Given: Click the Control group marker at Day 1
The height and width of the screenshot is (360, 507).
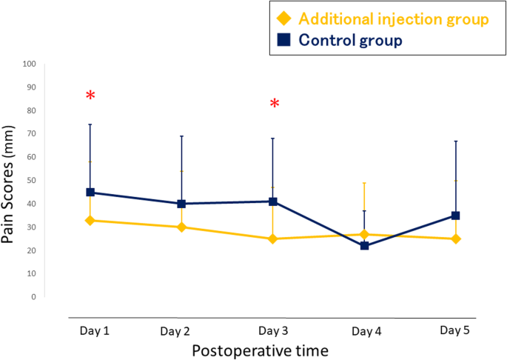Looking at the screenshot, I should [x=90, y=192].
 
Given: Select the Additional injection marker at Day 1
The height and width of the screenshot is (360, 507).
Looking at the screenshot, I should [x=90, y=220].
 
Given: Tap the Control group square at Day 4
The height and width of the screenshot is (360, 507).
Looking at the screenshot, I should [x=365, y=245].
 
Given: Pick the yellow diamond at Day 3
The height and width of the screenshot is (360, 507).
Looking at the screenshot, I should [x=273, y=239].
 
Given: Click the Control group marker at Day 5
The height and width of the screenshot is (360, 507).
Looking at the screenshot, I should [x=456, y=216].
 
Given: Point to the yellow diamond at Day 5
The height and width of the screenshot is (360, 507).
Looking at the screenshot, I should [x=456, y=239].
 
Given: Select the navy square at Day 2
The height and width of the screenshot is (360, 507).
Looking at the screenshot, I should [x=182, y=204].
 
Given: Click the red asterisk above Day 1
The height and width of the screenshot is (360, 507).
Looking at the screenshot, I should [x=90, y=96].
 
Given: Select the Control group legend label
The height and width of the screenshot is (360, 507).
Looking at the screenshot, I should [x=350, y=40].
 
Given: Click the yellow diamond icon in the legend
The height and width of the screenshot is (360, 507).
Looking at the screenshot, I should [x=281, y=19].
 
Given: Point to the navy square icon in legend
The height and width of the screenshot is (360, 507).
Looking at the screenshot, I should [x=281, y=40].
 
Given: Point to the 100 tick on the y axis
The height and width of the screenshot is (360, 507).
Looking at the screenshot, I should [x=30, y=64].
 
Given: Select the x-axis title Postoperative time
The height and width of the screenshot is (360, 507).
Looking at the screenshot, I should [x=260, y=350].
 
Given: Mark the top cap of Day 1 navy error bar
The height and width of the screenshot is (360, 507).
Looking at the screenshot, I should [x=90, y=124].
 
